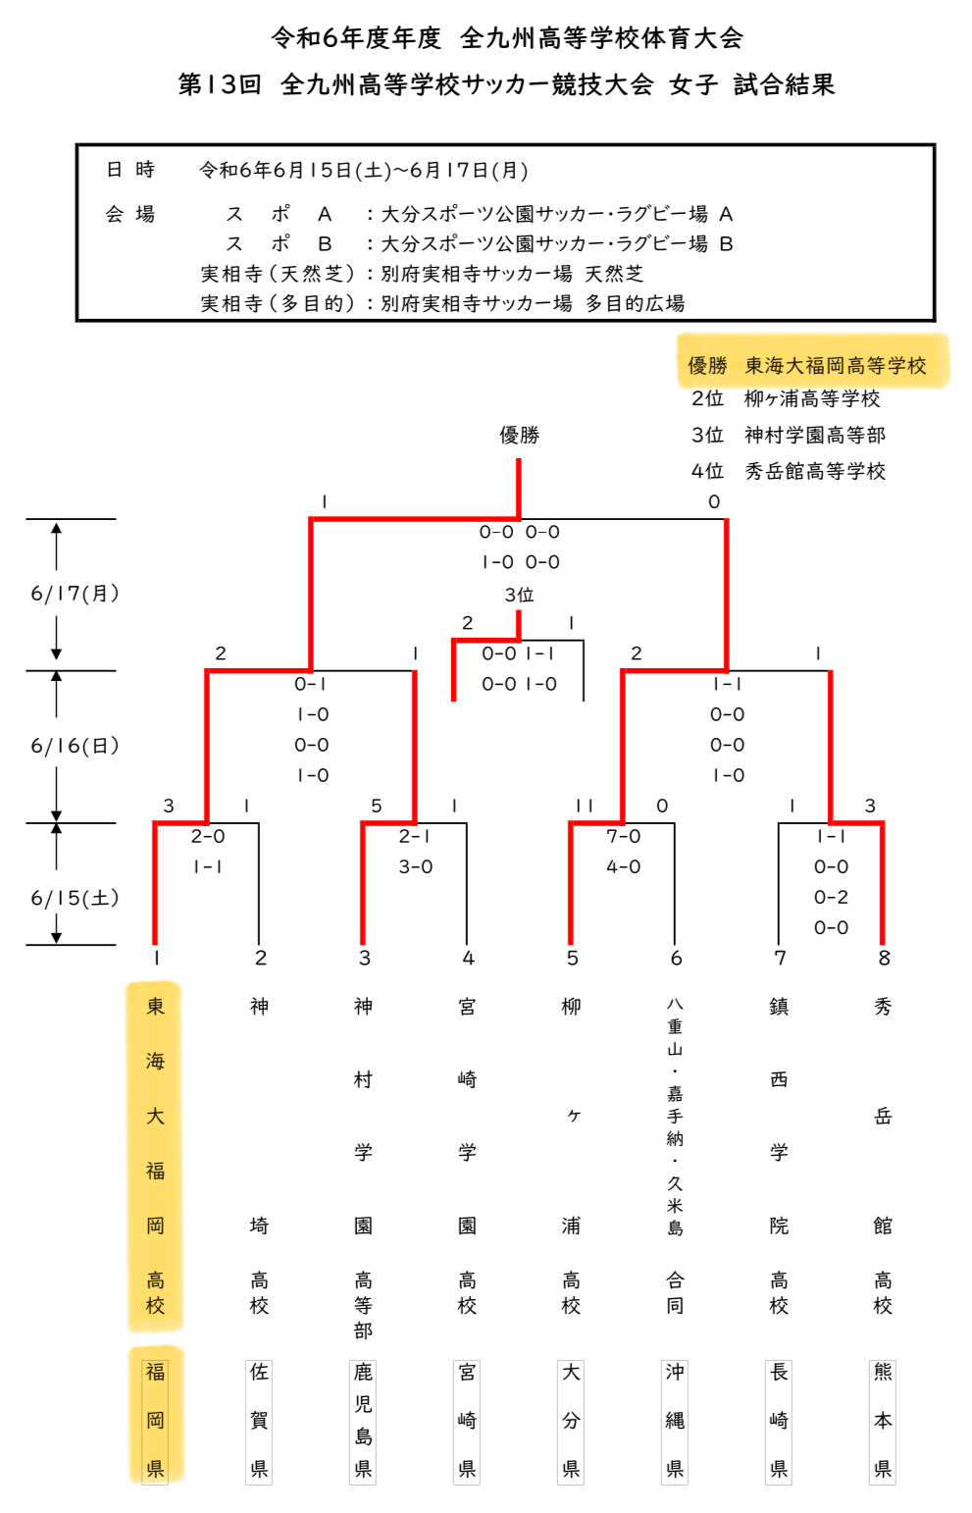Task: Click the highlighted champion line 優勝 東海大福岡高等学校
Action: [806, 365]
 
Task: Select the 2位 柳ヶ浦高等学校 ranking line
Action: [785, 398]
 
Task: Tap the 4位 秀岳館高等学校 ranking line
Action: [788, 471]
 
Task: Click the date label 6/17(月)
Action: [75, 593]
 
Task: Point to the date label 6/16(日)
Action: [75, 745]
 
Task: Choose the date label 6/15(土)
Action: [75, 898]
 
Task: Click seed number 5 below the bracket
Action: [572, 958]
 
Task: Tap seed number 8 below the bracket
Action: [884, 958]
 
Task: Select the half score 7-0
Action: [623, 836]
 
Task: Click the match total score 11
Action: [585, 806]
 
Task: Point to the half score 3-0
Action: [415, 866]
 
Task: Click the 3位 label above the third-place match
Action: [519, 595]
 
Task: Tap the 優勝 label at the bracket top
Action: [519, 435]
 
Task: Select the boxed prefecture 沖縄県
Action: [675, 1420]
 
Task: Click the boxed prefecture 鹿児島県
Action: [363, 1420]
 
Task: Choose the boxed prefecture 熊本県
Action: [883, 1420]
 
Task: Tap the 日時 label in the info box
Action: [130, 169]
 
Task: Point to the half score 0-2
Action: [831, 897]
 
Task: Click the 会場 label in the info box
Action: [130, 214]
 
